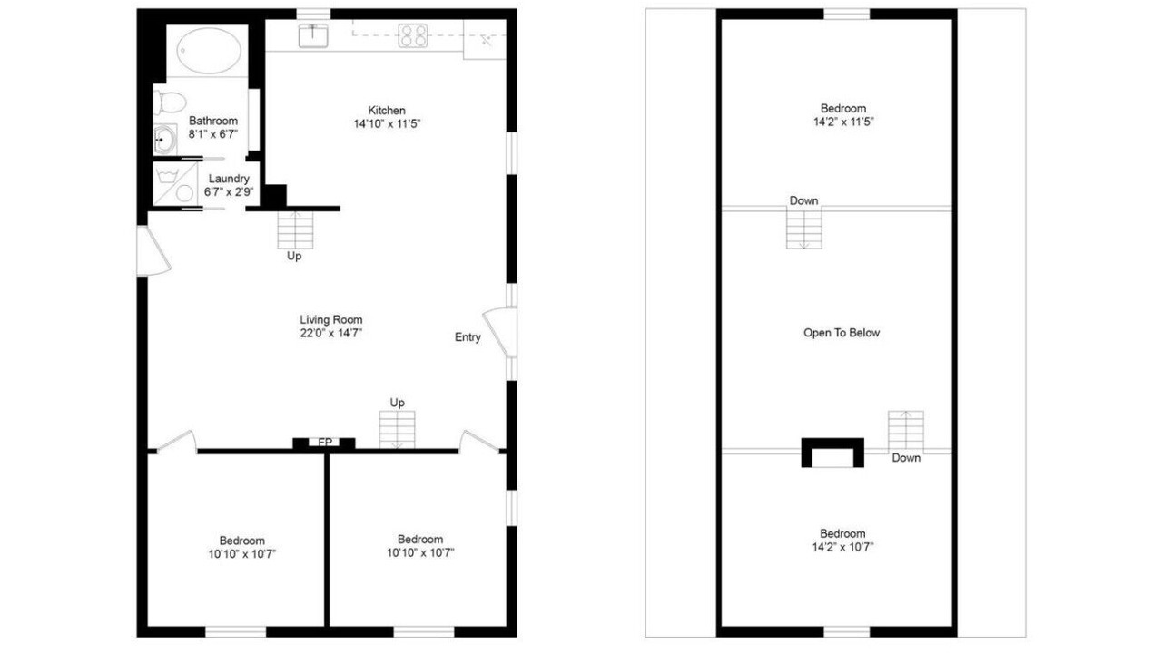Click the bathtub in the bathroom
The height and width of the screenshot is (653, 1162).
coord(209,51)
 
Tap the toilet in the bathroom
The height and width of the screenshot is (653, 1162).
coord(170,102)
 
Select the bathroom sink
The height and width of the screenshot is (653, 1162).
coord(165,140)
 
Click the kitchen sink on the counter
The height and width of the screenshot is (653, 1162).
coord(313,35)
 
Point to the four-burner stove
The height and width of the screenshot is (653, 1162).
coord(413,35)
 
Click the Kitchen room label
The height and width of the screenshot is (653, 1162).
coord(387,111)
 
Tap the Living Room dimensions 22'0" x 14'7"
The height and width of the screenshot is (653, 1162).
coord(331,333)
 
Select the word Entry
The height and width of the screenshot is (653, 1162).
coord(468,337)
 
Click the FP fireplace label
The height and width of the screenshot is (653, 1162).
coord(325,442)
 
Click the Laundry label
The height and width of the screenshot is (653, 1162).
coord(229,179)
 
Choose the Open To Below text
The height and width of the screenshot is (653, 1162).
coord(842,333)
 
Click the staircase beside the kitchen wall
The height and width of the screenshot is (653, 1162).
coord(295,230)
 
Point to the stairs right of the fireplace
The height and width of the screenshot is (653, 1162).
coord(397,430)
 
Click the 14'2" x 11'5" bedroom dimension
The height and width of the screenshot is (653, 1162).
coord(843,122)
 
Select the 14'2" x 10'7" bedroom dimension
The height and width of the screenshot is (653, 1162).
coord(842,547)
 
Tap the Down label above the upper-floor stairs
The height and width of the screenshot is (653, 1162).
coord(803,200)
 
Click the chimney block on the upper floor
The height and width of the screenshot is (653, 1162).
coord(832,453)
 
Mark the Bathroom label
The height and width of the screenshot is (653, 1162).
coord(213,121)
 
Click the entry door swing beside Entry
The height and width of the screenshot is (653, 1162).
coord(500,332)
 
